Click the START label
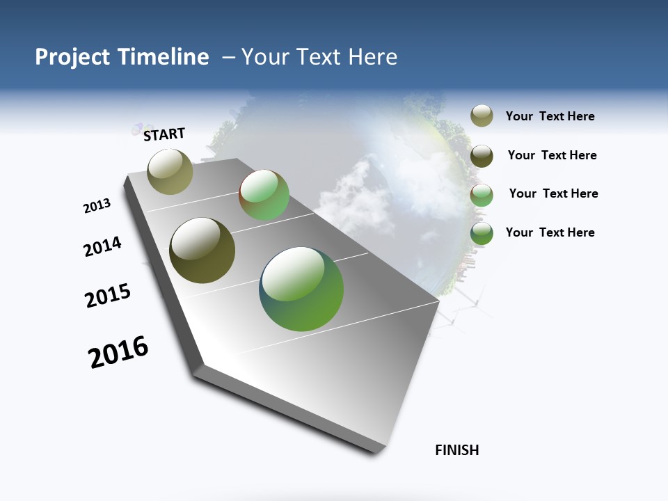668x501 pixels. pyautogui.click(x=164, y=134)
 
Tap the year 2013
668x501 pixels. pyautogui.click(x=97, y=206)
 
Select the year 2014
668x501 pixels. pyautogui.click(x=102, y=247)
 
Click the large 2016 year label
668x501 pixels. pyautogui.click(x=118, y=352)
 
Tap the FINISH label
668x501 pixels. pyautogui.click(x=456, y=450)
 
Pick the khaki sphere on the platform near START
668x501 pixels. pyautogui.click(x=170, y=171)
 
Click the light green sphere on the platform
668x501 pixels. pyautogui.click(x=264, y=195)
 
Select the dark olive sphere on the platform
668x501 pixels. pyautogui.click(x=202, y=250)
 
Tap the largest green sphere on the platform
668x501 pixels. pyautogui.click(x=301, y=289)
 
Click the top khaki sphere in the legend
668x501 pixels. pyautogui.click(x=482, y=116)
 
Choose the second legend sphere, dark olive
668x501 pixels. pyautogui.click(x=482, y=156)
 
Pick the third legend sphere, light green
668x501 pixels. pyautogui.click(x=482, y=194)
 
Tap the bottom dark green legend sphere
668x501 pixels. pyautogui.click(x=482, y=233)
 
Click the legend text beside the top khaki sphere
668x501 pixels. pyautogui.click(x=550, y=117)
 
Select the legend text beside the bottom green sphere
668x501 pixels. pyautogui.click(x=550, y=232)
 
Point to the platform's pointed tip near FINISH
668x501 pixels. pyautogui.click(x=379, y=449)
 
